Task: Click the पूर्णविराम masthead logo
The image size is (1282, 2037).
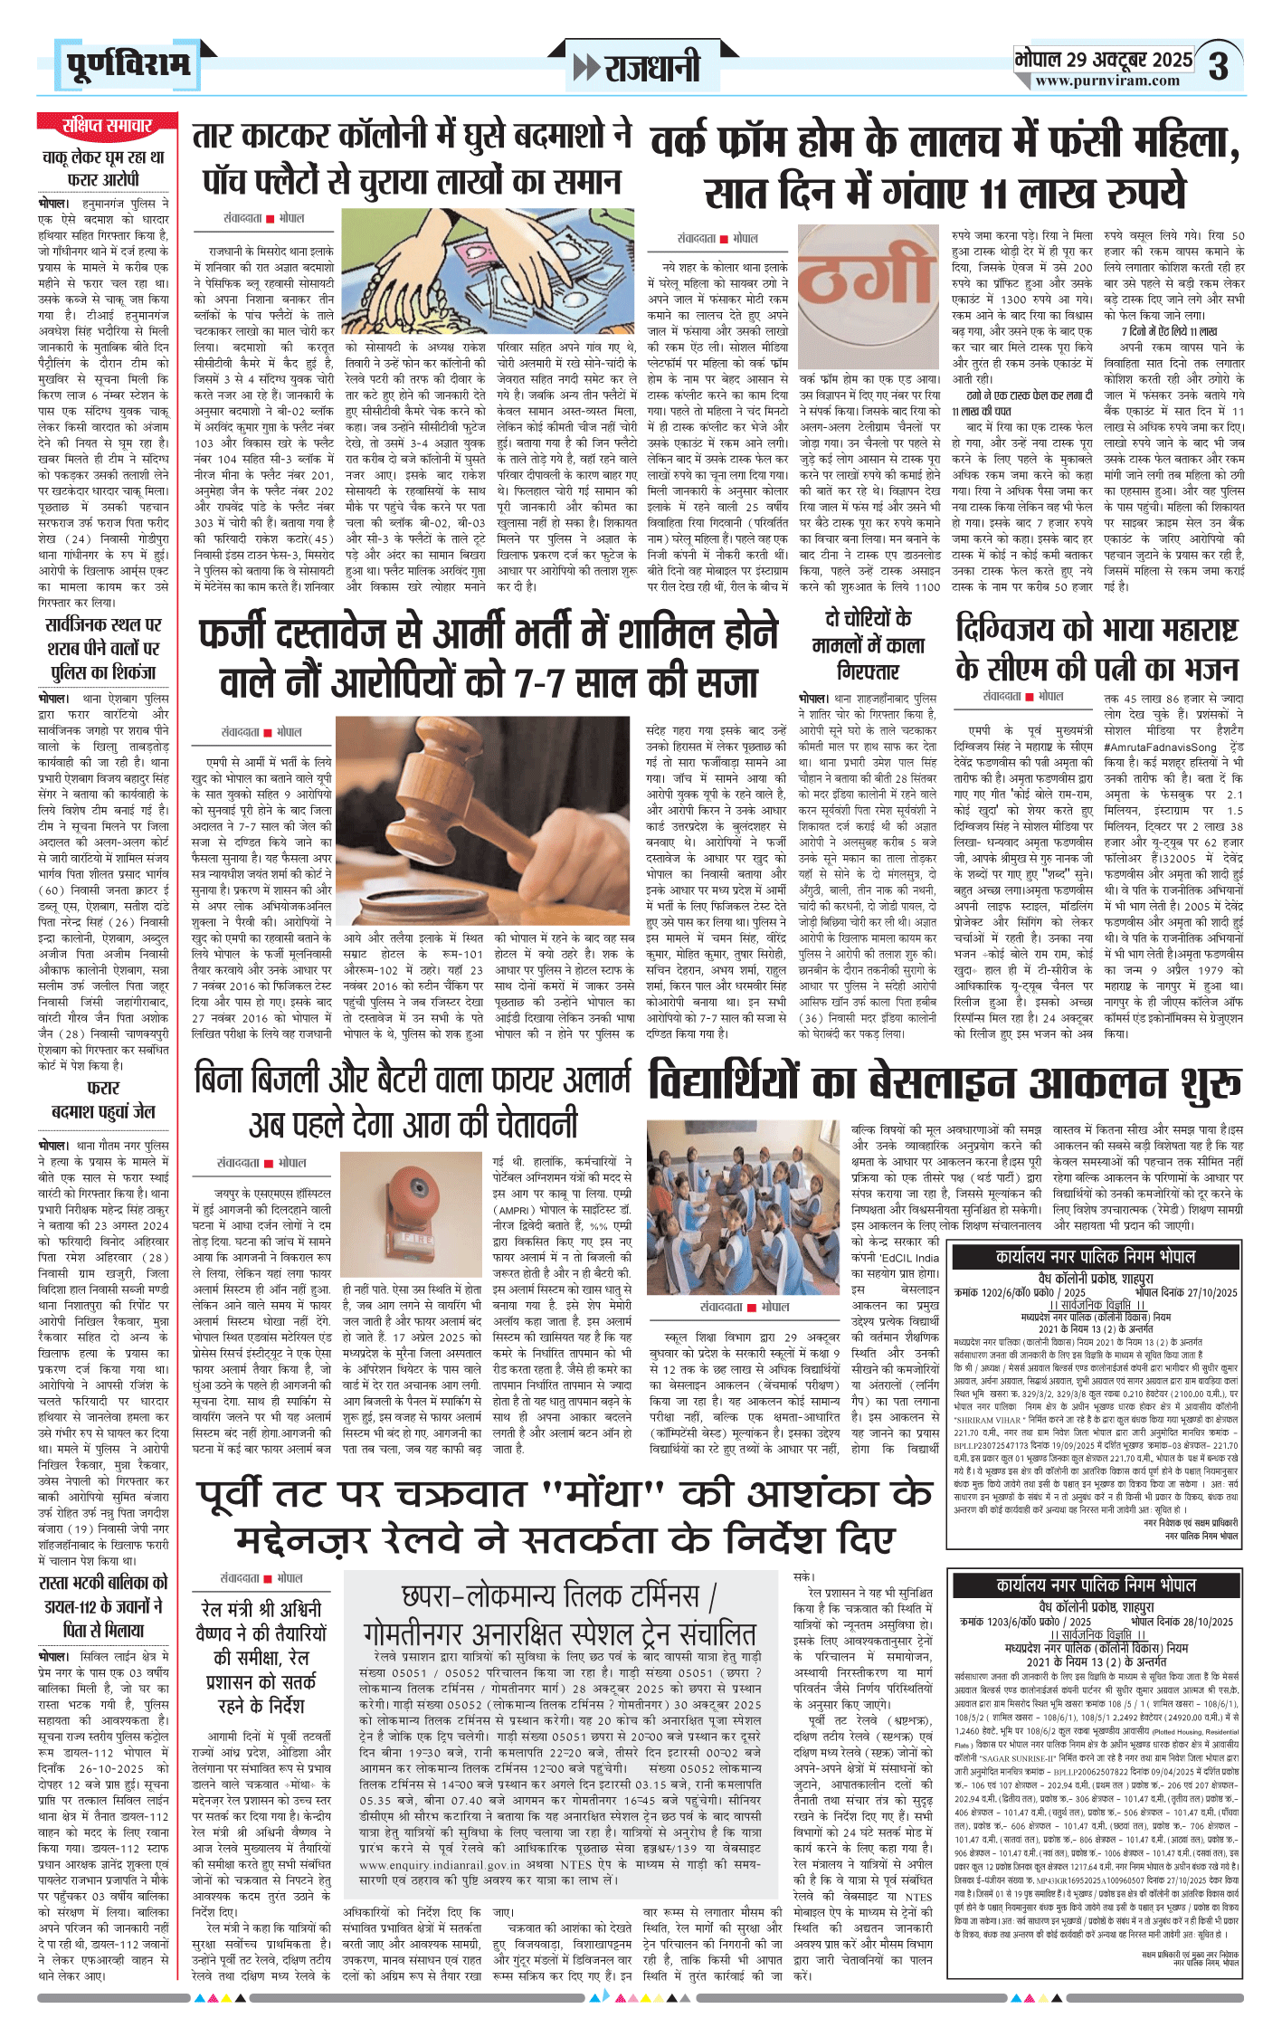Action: (128, 65)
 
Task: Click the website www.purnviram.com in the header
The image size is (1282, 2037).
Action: (1107, 81)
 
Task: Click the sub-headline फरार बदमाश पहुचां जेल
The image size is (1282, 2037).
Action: (103, 1099)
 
